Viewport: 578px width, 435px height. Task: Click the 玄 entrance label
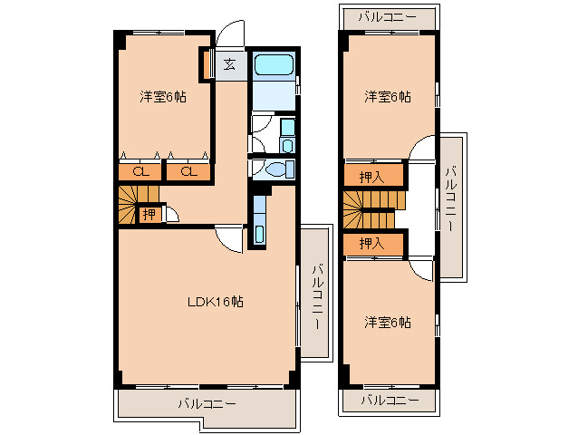[229, 65]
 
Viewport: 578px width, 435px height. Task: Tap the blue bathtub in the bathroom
[274, 64]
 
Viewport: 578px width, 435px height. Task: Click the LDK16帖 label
[216, 302]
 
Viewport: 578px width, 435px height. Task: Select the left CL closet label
[140, 172]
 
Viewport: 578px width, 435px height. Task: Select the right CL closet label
[188, 172]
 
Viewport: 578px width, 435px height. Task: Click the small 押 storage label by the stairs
[149, 214]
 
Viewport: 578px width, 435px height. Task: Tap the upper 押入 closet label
[371, 178]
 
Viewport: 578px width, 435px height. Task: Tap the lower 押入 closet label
[371, 243]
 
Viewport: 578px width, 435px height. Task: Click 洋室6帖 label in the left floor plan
[163, 97]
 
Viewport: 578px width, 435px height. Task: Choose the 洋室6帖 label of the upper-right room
[388, 97]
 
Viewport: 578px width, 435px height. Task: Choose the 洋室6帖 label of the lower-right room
[388, 323]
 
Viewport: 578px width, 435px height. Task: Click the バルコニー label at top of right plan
[388, 17]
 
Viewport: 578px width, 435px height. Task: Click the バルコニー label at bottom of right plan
[390, 400]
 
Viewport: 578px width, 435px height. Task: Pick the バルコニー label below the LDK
[207, 404]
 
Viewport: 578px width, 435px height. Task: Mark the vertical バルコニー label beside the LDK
[317, 296]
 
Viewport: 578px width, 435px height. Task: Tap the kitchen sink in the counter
[260, 234]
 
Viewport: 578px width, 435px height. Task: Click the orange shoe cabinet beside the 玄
[207, 64]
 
